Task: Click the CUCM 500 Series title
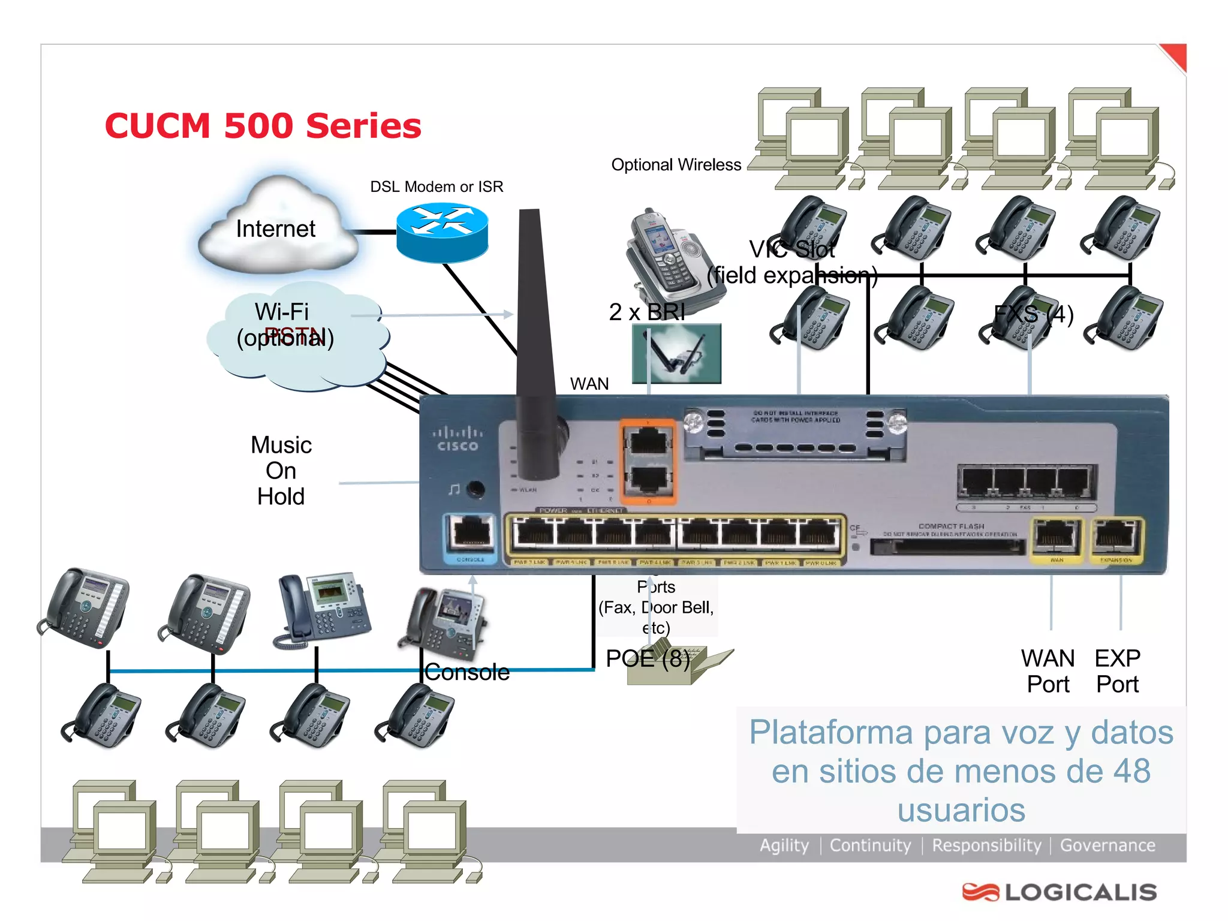click(x=263, y=126)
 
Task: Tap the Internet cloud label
click(x=275, y=229)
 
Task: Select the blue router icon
click(x=443, y=233)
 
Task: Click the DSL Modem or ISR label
click(x=437, y=186)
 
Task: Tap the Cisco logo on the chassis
click(x=458, y=439)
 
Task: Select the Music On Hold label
click(x=281, y=471)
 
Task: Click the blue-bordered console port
click(x=471, y=533)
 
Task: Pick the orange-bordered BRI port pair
click(x=648, y=460)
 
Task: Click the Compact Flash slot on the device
click(x=948, y=546)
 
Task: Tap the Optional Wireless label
click(x=676, y=165)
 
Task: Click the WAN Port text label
click(x=1048, y=671)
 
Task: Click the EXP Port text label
click(x=1117, y=671)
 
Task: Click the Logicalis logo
click(x=1060, y=892)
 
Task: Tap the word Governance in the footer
click(x=1107, y=845)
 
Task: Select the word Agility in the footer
click(x=784, y=845)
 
